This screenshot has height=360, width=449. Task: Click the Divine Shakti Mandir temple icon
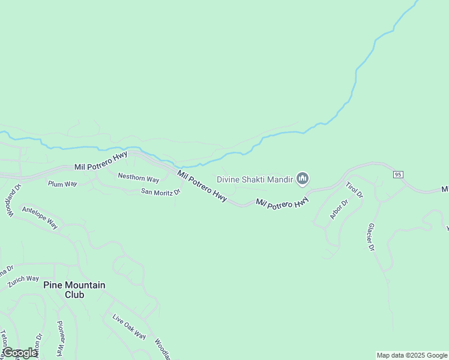(x=303, y=178)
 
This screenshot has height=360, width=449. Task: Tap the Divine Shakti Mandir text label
(x=255, y=179)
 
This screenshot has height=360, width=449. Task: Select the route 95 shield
(x=398, y=174)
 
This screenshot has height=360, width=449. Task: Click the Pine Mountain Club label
(x=74, y=290)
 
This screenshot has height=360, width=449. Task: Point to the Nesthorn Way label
(x=139, y=178)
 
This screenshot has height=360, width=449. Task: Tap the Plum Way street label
(x=62, y=184)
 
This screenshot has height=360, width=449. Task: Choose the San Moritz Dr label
(x=161, y=192)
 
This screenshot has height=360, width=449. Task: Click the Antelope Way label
(x=40, y=217)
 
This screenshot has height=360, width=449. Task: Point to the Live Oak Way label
(x=129, y=326)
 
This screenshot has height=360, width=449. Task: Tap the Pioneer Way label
(x=61, y=338)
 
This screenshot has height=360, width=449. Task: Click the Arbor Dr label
(x=339, y=209)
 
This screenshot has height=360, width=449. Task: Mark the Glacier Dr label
(x=370, y=237)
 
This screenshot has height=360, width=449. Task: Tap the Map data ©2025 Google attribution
(x=412, y=355)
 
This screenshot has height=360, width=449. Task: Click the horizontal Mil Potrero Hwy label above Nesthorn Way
(x=101, y=166)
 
